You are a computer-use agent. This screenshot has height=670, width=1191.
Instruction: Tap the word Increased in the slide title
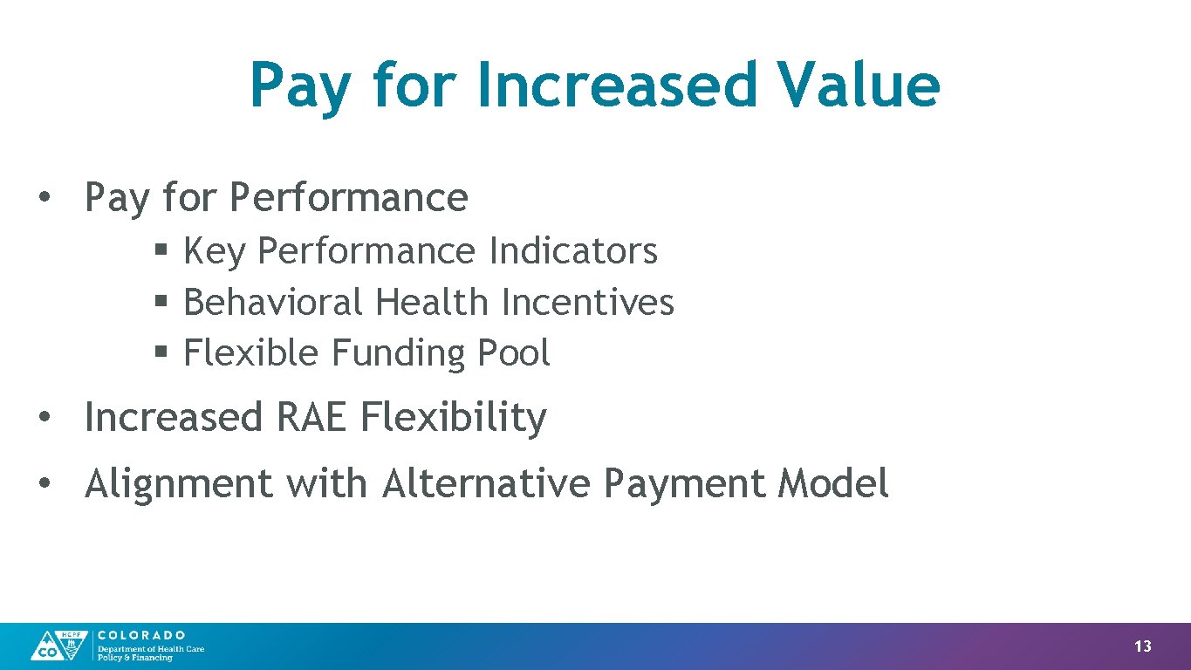click(616, 85)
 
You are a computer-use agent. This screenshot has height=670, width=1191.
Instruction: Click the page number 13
click(1142, 646)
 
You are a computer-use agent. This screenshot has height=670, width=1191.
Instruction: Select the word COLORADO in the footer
click(141, 635)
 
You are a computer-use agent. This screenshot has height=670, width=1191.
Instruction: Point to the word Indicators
click(573, 251)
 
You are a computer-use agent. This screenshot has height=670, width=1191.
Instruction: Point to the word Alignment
click(178, 483)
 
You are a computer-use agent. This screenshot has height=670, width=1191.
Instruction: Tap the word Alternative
click(485, 483)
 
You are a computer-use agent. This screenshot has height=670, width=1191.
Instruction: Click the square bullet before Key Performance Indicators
click(161, 251)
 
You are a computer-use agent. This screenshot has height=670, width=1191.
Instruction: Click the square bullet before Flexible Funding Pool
click(161, 353)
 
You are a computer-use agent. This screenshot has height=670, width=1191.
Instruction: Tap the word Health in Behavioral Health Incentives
click(432, 303)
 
